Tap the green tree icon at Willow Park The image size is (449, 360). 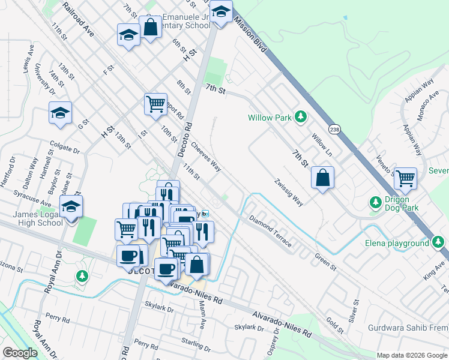click(x=301, y=117)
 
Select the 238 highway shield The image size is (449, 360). click(x=335, y=128)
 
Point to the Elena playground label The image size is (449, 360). click(x=397, y=243)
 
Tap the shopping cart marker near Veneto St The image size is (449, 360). click(x=405, y=178)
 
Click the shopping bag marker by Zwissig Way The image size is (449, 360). click(x=322, y=178)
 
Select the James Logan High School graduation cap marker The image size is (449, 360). click(x=71, y=208)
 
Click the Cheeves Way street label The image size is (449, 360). click(x=206, y=156)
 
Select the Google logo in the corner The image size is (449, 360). click(x=20, y=353)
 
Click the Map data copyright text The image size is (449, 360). click(x=412, y=355)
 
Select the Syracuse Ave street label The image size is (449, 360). click(x=34, y=200)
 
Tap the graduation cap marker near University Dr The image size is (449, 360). click(x=60, y=113)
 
